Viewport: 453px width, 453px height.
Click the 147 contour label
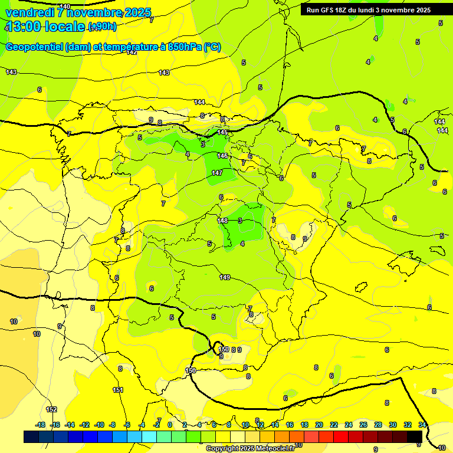point(217,173)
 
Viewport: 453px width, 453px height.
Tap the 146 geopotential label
point(222,156)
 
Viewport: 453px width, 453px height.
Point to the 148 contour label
point(222,221)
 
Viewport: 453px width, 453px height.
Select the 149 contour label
point(225,277)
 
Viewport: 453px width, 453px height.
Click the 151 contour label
point(118,390)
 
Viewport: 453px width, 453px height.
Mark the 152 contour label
point(52,409)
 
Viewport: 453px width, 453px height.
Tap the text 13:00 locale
point(45,27)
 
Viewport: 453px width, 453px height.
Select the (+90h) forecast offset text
point(102,27)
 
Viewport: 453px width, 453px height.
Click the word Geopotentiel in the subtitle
point(34,47)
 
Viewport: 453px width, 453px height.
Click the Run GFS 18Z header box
point(368,9)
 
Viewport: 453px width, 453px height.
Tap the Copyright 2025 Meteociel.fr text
point(250,448)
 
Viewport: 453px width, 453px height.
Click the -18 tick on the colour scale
point(41,425)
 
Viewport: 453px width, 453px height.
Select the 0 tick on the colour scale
point(170,425)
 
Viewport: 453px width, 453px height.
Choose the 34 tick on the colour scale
point(422,425)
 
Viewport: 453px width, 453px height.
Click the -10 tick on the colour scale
point(100,425)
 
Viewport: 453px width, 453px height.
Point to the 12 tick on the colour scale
point(260,425)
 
